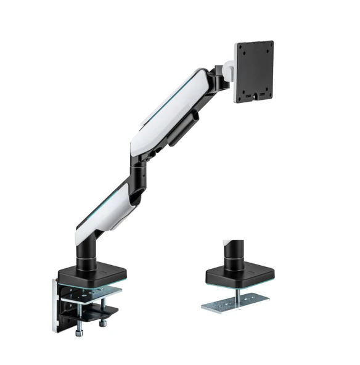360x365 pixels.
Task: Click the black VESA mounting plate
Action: pyautogui.click(x=254, y=71)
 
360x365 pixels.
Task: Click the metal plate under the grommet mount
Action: pyautogui.click(x=237, y=302)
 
